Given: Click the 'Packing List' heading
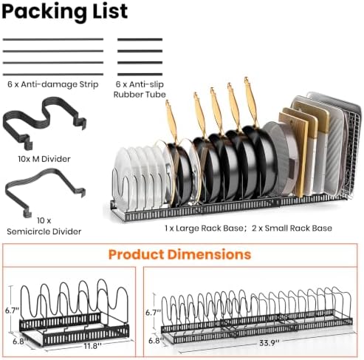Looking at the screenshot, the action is tap(64, 12).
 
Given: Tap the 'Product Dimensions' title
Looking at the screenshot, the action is tap(179, 254).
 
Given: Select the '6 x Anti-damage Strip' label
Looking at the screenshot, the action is tap(53, 84).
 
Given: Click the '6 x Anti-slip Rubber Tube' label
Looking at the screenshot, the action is tap(140, 89).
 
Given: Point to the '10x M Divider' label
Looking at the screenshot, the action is tap(44, 159).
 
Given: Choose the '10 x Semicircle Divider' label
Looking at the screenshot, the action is tap(44, 226).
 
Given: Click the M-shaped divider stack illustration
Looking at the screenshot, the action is tap(44, 123).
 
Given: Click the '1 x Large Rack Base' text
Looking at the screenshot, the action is tap(205, 228).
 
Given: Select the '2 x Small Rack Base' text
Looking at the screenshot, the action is tap(292, 228).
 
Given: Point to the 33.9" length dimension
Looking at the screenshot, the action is tap(269, 343).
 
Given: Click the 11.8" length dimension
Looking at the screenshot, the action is tap(92, 346).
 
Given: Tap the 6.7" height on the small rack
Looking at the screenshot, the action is tap(12, 310).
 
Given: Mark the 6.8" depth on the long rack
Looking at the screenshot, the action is tap(155, 341).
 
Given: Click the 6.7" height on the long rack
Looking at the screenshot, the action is tap(153, 313).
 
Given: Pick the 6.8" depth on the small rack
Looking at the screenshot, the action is tap(20, 342).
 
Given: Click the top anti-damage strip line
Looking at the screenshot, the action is tap(53, 39).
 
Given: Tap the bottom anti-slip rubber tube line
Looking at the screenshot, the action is tap(140, 74).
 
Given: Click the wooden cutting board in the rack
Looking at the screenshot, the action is tap(294, 154).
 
